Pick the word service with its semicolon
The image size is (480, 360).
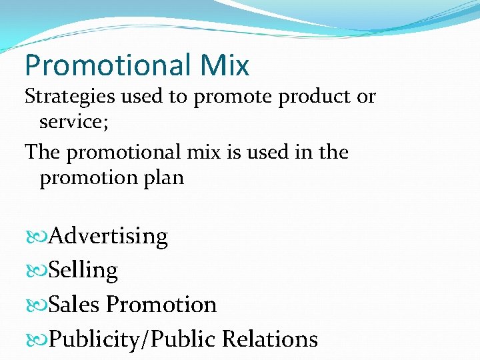pyautogui.click(x=70, y=123)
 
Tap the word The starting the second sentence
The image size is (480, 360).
pyautogui.click(x=43, y=153)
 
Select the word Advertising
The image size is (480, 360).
pyautogui.click(x=108, y=237)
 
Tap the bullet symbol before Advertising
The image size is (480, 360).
pyautogui.click(x=36, y=237)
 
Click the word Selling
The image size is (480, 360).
pyautogui.click(x=83, y=271)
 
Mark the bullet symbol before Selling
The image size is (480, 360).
pyautogui.click(x=36, y=271)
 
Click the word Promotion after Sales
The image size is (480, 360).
pyautogui.click(x=161, y=305)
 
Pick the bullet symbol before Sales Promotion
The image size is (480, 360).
pyautogui.click(x=36, y=305)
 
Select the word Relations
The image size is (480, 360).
pyautogui.click(x=270, y=339)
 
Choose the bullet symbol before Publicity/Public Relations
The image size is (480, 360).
pyautogui.click(x=36, y=339)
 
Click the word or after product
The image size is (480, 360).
pyautogui.click(x=367, y=97)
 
